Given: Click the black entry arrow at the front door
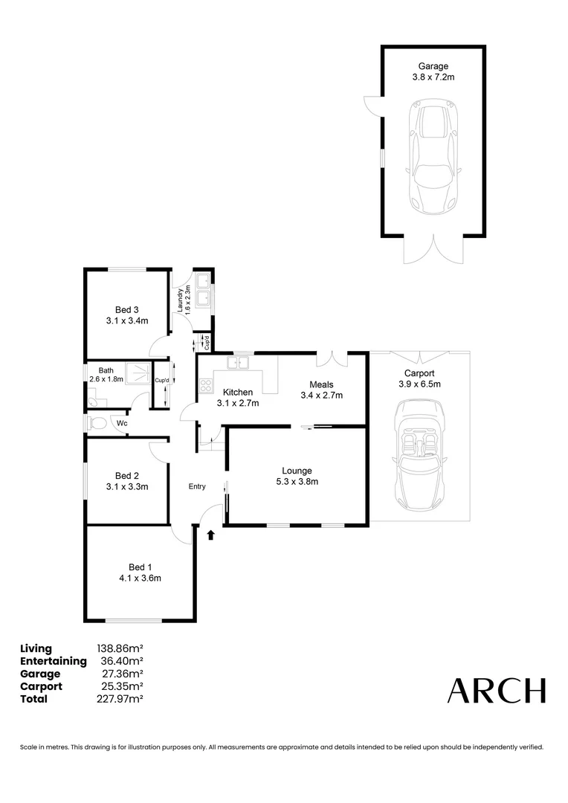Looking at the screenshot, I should click(210, 533).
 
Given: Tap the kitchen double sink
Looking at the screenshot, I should click(239, 364).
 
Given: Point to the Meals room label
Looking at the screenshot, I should click(321, 384).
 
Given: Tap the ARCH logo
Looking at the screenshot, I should click(496, 691).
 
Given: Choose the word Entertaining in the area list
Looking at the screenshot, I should click(54, 661).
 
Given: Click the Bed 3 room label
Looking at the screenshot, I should click(126, 310).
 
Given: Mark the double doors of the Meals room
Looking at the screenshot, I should click(331, 358).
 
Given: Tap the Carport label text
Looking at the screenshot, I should click(419, 373).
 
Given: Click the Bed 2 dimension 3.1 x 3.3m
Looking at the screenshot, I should click(126, 487).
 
